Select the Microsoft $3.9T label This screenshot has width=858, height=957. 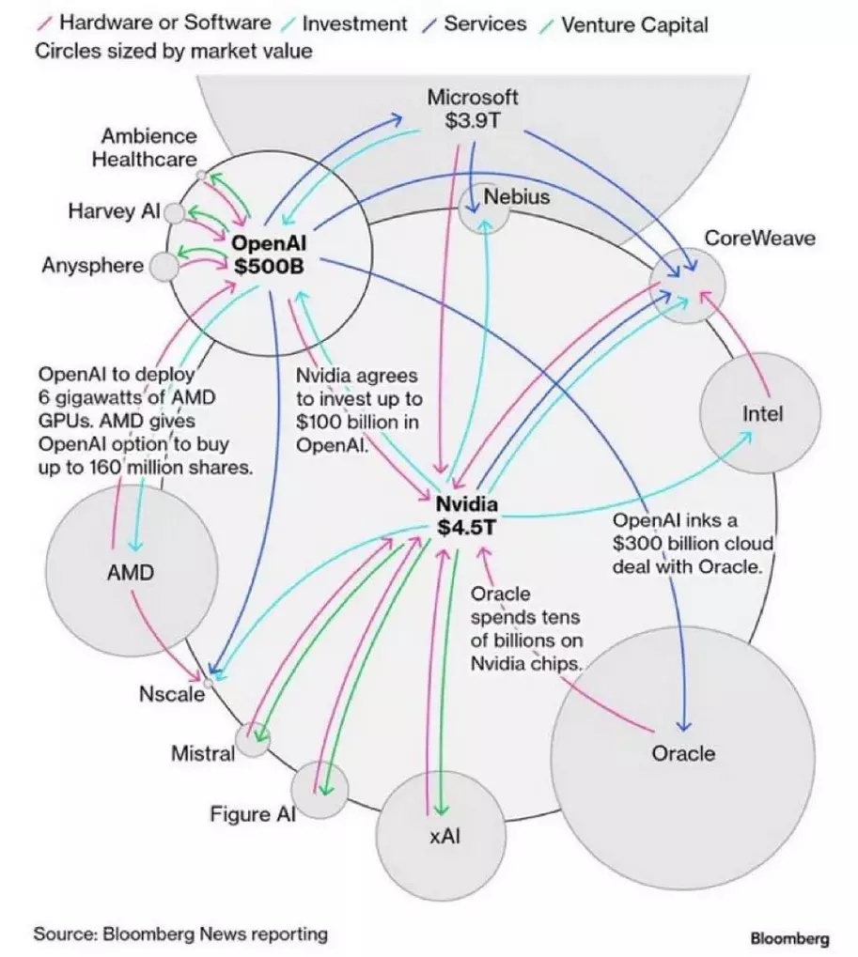pyautogui.click(x=472, y=108)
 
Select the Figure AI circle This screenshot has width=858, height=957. pyautogui.click(x=320, y=791)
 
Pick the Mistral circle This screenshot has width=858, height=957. pyautogui.click(x=252, y=741)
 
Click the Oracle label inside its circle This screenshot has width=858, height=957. pyautogui.click(x=683, y=753)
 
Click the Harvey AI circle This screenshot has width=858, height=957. pyautogui.click(x=175, y=213)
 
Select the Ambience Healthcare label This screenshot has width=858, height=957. pyautogui.click(x=145, y=148)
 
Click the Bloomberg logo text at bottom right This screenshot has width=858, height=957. pyautogui.click(x=789, y=938)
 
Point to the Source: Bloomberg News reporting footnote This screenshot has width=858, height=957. pyautogui.click(x=181, y=934)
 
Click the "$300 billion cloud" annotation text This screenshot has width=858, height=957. pyautogui.click(x=693, y=544)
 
